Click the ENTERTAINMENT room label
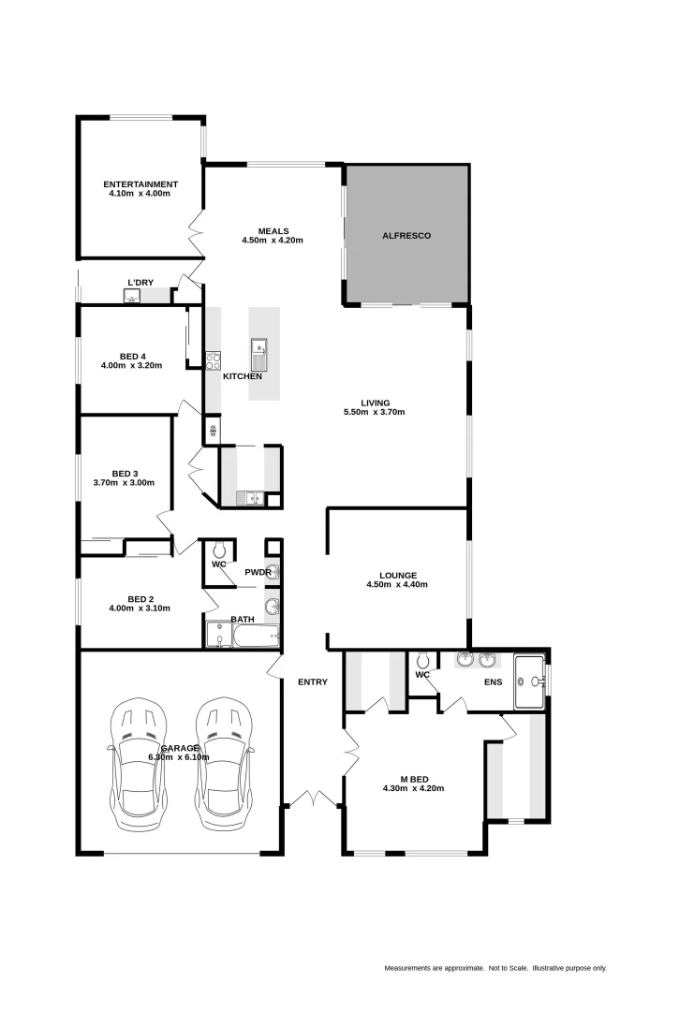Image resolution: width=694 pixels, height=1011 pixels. coord(140,183)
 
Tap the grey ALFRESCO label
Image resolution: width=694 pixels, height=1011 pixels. coord(406,236)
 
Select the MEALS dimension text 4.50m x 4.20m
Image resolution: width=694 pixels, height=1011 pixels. coord(273,241)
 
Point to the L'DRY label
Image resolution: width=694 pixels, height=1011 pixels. coord(140,283)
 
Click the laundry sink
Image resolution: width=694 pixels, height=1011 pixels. coord(131,297)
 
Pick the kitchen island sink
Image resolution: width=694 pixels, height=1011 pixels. coord(259,353)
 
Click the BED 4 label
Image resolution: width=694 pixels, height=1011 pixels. coord(133,356)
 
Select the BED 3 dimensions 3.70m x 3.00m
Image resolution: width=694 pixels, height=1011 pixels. coord(124,482)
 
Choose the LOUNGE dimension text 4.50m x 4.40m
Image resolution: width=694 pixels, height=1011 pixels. coord(397,585)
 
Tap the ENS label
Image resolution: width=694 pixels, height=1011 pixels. coord(494,681)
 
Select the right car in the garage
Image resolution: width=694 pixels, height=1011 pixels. coord(223,763)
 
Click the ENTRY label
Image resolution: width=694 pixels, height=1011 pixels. coord(313,682)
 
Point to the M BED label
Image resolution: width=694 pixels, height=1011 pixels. coord(413,779)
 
